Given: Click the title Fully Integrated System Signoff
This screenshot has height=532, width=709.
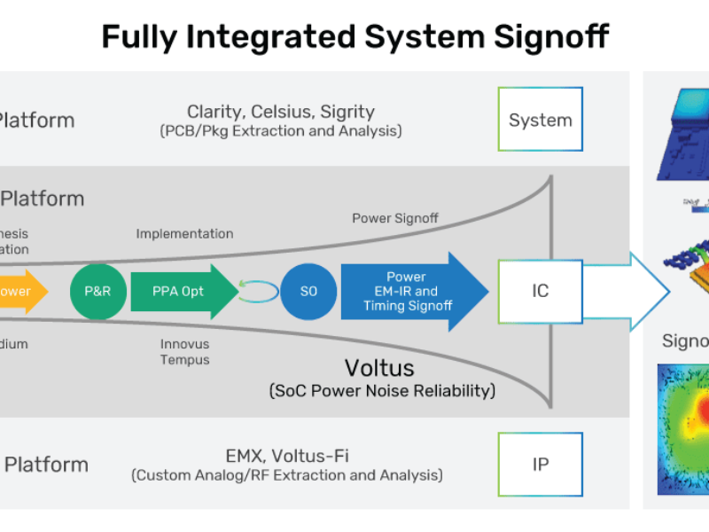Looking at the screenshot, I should [x=354, y=36].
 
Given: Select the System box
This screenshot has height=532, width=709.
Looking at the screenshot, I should [x=540, y=119].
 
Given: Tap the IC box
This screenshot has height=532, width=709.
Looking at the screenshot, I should [x=540, y=291].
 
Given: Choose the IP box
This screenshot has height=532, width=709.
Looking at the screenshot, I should [x=540, y=464].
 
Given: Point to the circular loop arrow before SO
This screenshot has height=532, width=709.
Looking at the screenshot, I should [x=258, y=292].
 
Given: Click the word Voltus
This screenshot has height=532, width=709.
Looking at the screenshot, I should [x=380, y=367].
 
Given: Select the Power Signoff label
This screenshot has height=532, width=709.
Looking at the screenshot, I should [x=395, y=218].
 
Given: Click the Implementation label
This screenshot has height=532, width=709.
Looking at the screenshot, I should [x=184, y=233].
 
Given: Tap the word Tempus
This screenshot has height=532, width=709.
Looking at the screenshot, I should [x=184, y=359].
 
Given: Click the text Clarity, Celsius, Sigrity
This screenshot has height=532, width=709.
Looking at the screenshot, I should [x=280, y=112].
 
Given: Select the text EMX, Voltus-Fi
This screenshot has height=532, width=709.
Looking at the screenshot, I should [x=285, y=456].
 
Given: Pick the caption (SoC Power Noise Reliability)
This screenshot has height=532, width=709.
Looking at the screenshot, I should [x=381, y=390].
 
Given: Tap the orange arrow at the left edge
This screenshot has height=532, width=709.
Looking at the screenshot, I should [x=22, y=291].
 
